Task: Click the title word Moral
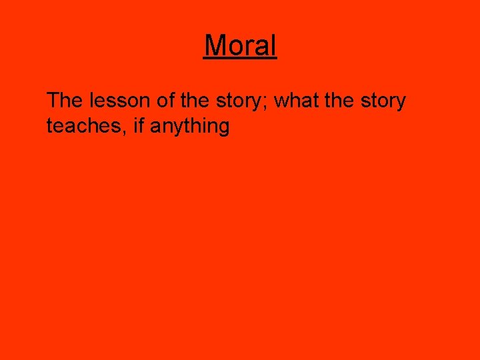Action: click(240, 45)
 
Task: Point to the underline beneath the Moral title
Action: click(240, 59)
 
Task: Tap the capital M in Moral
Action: click(215, 45)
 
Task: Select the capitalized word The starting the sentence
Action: click(64, 101)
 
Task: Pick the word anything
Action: click(190, 126)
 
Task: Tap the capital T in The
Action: click(53, 101)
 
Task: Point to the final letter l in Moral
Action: click(273, 45)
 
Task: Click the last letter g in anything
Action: click(223, 127)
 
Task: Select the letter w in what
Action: click(281, 102)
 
